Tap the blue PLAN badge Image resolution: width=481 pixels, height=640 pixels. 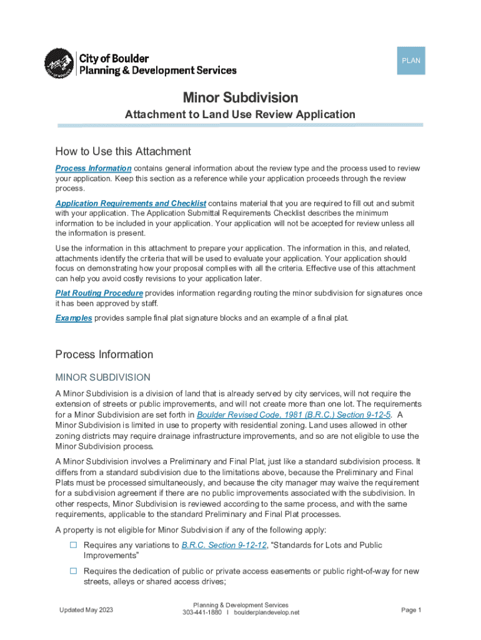pyautogui.click(x=410, y=61)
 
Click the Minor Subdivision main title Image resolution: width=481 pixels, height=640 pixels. pyautogui.click(x=240, y=97)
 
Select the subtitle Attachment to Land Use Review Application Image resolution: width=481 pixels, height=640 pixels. pyautogui.click(x=240, y=114)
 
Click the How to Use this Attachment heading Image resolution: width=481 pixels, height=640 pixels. pyautogui.click(x=123, y=151)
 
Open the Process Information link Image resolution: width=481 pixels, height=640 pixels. pyautogui.click(x=93, y=169)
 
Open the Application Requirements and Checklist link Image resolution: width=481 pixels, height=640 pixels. pyautogui.click(x=131, y=204)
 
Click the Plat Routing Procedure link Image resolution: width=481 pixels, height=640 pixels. pyautogui.click(x=99, y=293)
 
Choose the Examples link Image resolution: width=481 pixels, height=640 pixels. pyautogui.click(x=74, y=318)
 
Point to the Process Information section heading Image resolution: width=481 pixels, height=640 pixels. pyautogui.click(x=104, y=354)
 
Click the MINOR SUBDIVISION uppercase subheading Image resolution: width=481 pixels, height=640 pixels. pyautogui.click(x=102, y=377)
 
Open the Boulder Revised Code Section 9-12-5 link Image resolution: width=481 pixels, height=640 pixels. pyautogui.click(x=294, y=414)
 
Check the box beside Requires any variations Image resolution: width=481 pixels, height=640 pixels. pyautogui.click(x=73, y=545)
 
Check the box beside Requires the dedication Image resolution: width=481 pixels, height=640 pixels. pyautogui.click(x=73, y=571)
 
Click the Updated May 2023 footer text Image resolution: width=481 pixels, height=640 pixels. pyautogui.click(x=86, y=610)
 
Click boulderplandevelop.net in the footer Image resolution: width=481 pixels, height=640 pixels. pyautogui.click(x=267, y=612)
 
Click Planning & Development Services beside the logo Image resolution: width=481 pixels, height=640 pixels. pyautogui.click(x=156, y=71)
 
